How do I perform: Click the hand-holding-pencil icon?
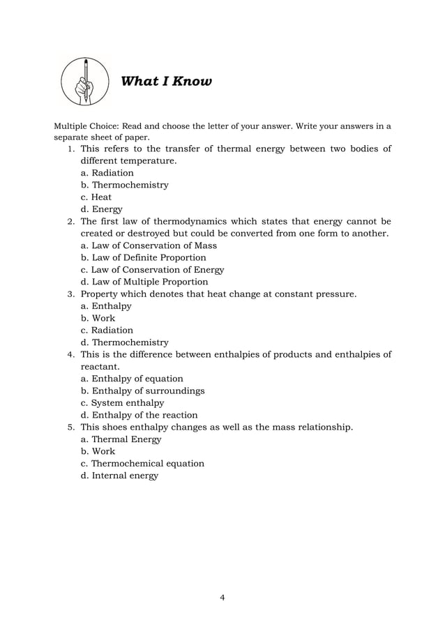pyautogui.click(x=86, y=82)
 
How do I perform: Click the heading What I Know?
pyautogui.click(x=166, y=82)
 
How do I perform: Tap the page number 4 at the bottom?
pyautogui.click(x=222, y=598)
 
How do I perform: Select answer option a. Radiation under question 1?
pyautogui.click(x=107, y=173)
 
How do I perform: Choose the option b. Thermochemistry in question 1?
pyautogui.click(x=125, y=185)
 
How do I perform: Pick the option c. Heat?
pyautogui.click(x=96, y=197)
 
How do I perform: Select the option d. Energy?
pyautogui.click(x=102, y=209)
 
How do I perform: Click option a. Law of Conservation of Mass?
pyautogui.click(x=149, y=245)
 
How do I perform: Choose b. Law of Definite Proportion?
pyautogui.click(x=144, y=257)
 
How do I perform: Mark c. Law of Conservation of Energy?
pyautogui.click(x=152, y=270)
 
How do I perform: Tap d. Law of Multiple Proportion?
pyautogui.click(x=144, y=282)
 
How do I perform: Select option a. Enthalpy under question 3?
pyautogui.click(x=106, y=306)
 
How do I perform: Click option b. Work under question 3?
pyautogui.click(x=98, y=318)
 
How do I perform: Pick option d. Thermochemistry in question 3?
pyautogui.click(x=125, y=342)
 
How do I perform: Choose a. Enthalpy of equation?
pyautogui.click(x=132, y=379)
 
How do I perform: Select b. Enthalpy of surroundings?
pyautogui.click(x=142, y=391)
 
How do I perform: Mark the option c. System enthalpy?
pyautogui.click(x=123, y=403)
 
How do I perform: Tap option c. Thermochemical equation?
pyautogui.click(x=142, y=464)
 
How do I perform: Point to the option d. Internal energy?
pyautogui.click(x=119, y=476)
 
